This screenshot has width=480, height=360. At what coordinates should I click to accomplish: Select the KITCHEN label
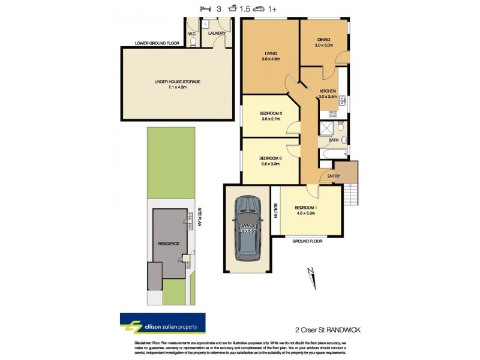[327, 91]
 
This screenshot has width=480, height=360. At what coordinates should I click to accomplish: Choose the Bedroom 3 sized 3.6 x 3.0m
[270, 157]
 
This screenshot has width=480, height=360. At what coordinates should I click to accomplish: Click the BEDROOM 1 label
[307, 208]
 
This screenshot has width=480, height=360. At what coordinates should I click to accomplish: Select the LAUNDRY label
[217, 34]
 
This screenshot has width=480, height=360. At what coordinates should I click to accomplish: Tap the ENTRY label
[333, 175]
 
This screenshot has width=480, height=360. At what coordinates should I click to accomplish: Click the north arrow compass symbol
[310, 274]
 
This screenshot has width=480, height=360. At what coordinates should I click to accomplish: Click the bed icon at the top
[206, 9]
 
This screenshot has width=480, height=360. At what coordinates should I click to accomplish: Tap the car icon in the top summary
[260, 9]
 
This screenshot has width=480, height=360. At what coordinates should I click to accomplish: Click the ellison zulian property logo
[163, 326]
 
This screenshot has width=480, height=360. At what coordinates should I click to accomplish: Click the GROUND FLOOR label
[308, 241]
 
